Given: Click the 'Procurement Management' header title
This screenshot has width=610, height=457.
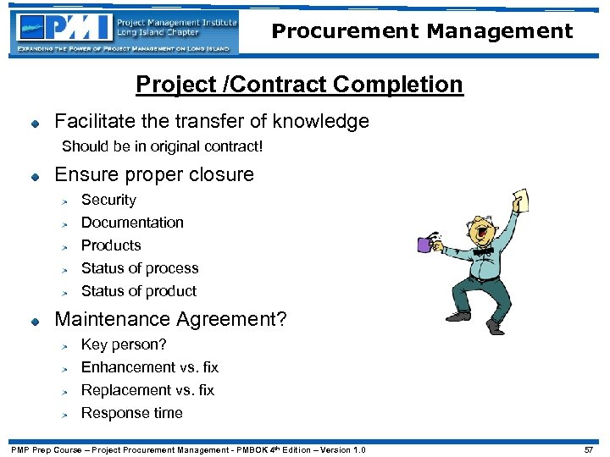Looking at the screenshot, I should pyautogui.click(x=422, y=31).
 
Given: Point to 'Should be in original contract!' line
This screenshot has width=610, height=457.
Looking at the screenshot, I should pyautogui.click(x=163, y=146).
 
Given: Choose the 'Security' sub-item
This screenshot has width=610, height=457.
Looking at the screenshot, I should pyautogui.click(x=108, y=200).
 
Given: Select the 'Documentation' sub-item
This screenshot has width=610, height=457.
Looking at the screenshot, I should pyautogui.click(x=132, y=223).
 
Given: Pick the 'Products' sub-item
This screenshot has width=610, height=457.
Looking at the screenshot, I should pyautogui.click(x=111, y=245).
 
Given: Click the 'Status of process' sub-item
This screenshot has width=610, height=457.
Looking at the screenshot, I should pyautogui.click(x=140, y=268).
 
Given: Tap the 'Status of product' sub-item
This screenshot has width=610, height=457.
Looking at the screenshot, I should pyautogui.click(x=139, y=291).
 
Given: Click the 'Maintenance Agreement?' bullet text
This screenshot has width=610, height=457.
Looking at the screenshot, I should pyautogui.click(x=170, y=320).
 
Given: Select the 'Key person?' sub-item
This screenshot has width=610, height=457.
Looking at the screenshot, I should pyautogui.click(x=124, y=344).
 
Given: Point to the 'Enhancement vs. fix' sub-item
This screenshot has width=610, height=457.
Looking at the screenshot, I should pyautogui.click(x=150, y=367).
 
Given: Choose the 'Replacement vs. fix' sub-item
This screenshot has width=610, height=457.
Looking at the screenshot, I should pyautogui.click(x=147, y=390).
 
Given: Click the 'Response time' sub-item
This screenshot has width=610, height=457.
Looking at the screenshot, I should pyautogui.click(x=131, y=413).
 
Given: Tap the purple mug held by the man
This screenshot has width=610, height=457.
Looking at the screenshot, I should pyautogui.click(x=425, y=245).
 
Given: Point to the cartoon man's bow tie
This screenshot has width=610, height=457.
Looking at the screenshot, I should pyautogui.click(x=483, y=251).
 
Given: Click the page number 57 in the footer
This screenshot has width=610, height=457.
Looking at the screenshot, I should pyautogui.click(x=590, y=449).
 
